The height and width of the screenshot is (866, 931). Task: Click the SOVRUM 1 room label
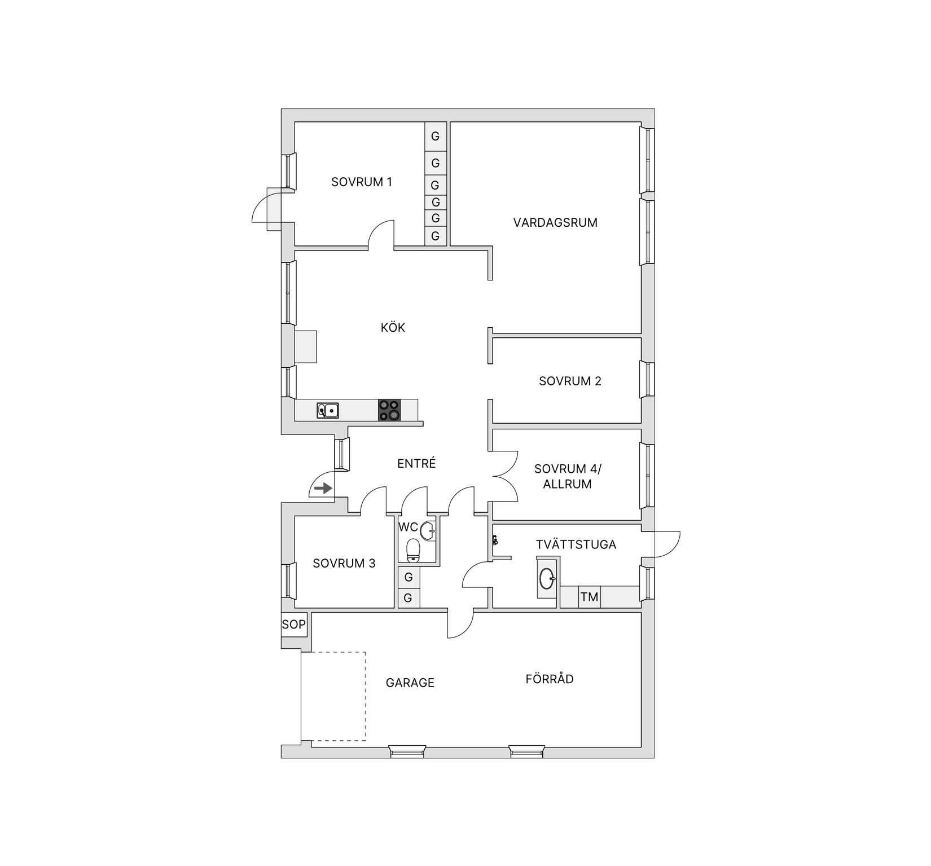tap(361, 182)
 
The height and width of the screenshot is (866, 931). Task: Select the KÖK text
tap(393, 328)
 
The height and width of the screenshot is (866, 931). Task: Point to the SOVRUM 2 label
tap(570, 381)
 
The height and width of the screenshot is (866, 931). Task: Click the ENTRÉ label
tap(416, 464)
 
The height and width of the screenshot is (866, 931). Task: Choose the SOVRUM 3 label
tap(344, 563)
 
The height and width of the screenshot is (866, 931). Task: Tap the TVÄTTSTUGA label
tap(576, 544)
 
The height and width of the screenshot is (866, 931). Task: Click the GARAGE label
tap(410, 683)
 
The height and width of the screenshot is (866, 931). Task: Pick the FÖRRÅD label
tap(549, 679)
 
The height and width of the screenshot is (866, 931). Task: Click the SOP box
tap(293, 625)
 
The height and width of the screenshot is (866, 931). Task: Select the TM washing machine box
tap(589, 596)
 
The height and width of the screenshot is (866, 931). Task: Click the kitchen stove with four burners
tap(389, 410)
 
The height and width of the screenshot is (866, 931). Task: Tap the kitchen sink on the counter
tap(327, 411)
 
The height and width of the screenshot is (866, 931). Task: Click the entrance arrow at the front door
tap(323, 488)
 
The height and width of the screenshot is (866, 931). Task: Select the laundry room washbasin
tap(547, 578)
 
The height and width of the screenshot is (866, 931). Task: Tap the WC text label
tap(408, 527)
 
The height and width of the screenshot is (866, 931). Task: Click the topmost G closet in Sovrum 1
tap(435, 136)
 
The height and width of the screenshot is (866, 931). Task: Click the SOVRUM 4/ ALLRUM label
tap(568, 476)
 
